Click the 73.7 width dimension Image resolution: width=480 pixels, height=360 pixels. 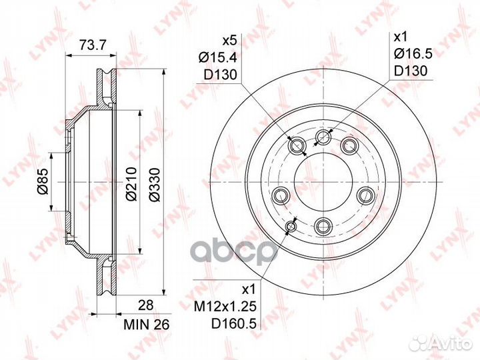[92, 45]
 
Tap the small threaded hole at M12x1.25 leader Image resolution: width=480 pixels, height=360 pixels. [291, 228]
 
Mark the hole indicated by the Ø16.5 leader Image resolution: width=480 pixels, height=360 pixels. [324, 137]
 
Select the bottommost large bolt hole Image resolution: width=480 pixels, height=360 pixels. [323, 224]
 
